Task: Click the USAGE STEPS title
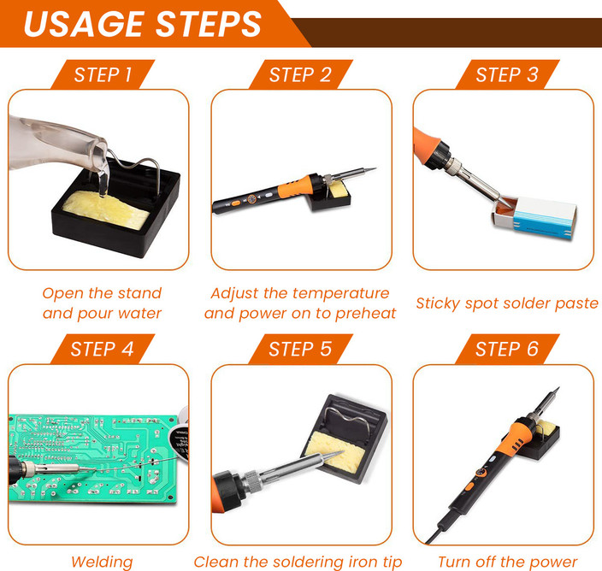142,24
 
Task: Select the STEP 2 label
300,74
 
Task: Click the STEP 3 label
507,74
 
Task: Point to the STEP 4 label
103,349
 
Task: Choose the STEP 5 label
300,349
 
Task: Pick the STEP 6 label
507,349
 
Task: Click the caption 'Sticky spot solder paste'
507,303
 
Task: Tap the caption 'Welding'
102,562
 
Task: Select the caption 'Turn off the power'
507,562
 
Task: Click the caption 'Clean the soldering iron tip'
297,562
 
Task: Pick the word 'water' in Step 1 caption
140,313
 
